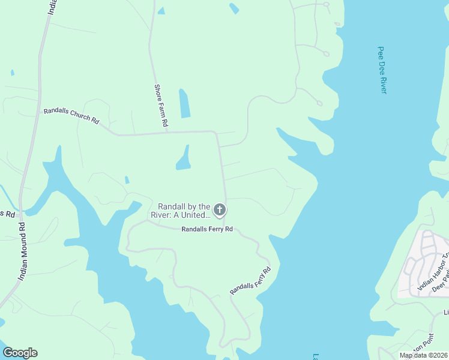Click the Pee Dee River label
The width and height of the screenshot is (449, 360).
382,70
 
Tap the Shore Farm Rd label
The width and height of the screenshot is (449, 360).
160,104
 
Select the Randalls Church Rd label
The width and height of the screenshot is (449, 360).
71,115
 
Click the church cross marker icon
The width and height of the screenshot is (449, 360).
220,210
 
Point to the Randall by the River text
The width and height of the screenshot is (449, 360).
185,210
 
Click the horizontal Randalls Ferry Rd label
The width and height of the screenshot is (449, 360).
206,229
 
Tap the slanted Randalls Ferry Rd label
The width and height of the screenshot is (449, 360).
250,280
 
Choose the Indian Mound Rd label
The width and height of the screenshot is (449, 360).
22,251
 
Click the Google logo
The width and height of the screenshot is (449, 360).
20,353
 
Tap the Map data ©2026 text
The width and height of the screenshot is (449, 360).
423,355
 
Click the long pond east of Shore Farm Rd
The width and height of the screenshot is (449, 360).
184,103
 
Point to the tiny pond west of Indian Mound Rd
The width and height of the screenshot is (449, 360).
12,73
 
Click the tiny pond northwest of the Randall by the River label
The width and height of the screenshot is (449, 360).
127,179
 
